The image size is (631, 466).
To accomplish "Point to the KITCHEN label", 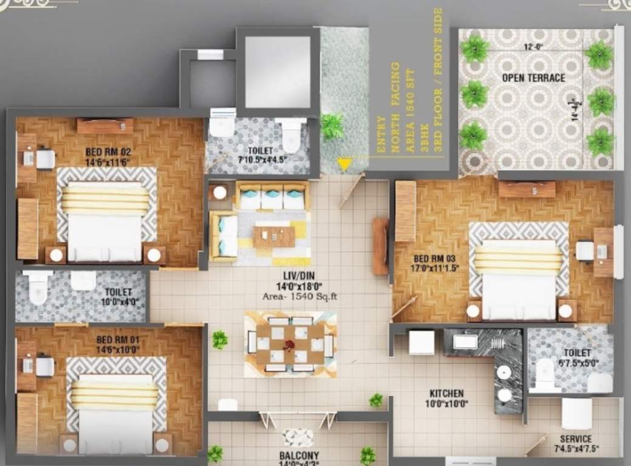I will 446,394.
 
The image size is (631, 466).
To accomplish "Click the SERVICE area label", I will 576,439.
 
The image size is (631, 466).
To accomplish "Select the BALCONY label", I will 300,455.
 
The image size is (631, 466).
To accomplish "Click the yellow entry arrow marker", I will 344,164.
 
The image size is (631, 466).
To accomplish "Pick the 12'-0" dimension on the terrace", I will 534,46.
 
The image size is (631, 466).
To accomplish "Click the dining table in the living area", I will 290,345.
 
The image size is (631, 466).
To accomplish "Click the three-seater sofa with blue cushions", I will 271,196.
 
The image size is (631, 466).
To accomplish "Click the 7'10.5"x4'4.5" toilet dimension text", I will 263,160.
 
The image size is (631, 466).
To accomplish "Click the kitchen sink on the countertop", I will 465,342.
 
